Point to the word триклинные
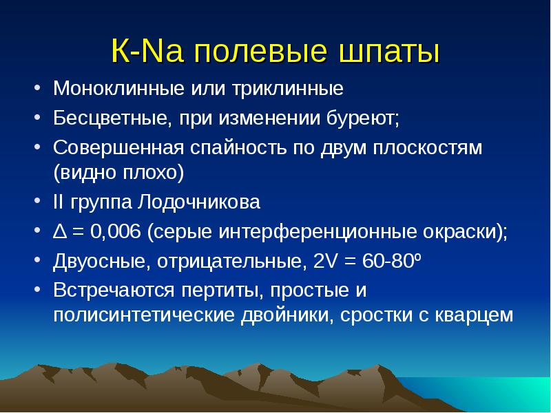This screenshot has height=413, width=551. point(287,88)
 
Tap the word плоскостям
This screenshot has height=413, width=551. point(427,147)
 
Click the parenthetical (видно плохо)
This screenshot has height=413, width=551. point(118,173)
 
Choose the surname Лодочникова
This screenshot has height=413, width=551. point(198,202)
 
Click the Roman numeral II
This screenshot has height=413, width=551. point(58,202)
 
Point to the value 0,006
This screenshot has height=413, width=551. point(116,232)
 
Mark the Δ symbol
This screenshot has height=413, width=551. point(60,232)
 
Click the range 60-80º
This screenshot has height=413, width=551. point(391,261)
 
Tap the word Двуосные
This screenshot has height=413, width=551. point(99,262)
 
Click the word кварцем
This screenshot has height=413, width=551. point(474,315)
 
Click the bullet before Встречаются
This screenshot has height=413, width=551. point(38,289)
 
